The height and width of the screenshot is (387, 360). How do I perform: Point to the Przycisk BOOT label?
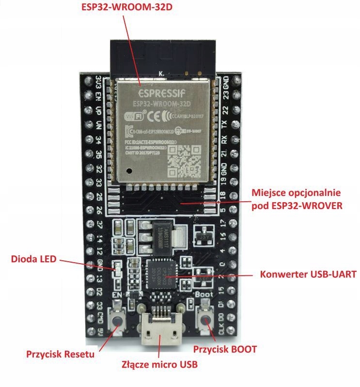click(x=224, y=348)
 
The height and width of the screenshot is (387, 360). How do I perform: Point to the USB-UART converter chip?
click(x=162, y=273)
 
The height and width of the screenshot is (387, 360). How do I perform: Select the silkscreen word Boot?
click(x=204, y=293)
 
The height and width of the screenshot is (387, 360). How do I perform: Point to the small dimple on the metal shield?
click(x=128, y=171)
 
